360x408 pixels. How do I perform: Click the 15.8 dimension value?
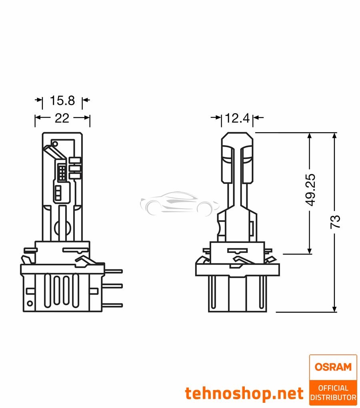pyautogui.click(x=62, y=100)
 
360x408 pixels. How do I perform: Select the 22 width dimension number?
pyautogui.click(x=62, y=118)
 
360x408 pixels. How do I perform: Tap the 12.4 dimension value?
pyautogui.click(x=237, y=118)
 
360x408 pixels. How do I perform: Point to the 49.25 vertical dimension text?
pyautogui.click(x=310, y=189)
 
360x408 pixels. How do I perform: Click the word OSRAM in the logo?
pyautogui.click(x=332, y=367)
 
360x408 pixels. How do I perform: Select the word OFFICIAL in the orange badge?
pyautogui.click(x=333, y=388)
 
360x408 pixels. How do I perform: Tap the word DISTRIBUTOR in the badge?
pyautogui.click(x=333, y=398)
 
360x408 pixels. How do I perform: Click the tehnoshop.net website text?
pyautogui.click(x=244, y=394)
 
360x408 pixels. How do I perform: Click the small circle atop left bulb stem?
pyautogui.click(x=55, y=144)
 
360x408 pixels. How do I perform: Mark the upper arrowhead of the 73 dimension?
pyautogui.click(x=335, y=135)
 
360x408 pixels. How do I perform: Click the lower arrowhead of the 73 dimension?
pyautogui.click(x=335, y=308)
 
